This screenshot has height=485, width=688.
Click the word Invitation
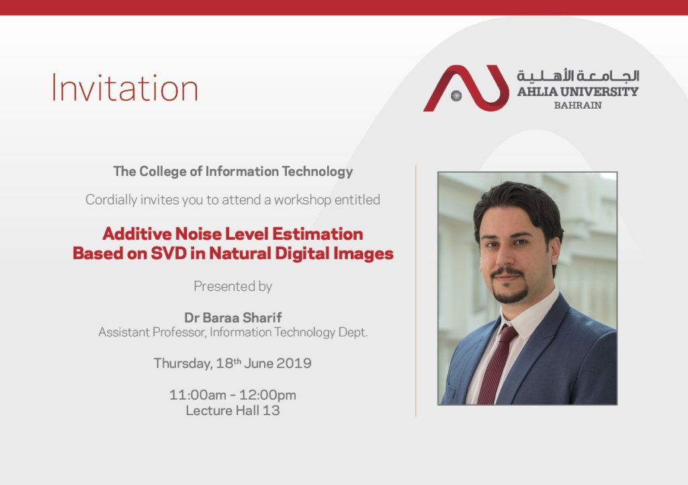[125, 88]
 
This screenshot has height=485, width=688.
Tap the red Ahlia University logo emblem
[466, 88]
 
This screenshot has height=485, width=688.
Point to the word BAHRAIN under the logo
[578, 105]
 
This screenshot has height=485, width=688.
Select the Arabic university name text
[578, 75]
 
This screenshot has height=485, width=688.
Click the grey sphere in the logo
[456, 95]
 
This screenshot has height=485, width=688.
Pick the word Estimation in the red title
[318, 234]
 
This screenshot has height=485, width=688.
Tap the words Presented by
[233, 286]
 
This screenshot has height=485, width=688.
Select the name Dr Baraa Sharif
[233, 318]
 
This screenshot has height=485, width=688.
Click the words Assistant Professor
[151, 333]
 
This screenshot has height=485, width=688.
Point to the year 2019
[294, 363]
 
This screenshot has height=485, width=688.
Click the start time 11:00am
[198, 395]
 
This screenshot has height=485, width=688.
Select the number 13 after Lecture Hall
[271, 410]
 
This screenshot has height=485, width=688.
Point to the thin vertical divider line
[416, 291]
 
